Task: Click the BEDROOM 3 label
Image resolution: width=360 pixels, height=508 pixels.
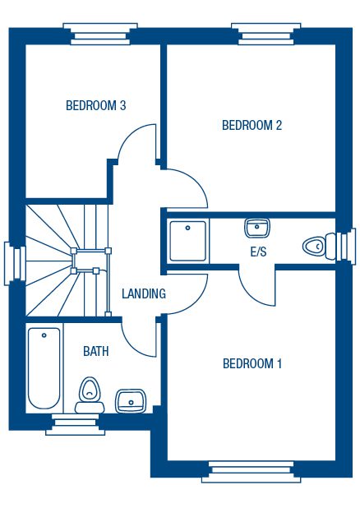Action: pyautogui.click(x=95, y=105)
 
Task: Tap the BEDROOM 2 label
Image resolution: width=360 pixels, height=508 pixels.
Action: pyautogui.click(x=252, y=125)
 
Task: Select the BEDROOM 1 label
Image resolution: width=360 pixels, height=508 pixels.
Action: pyautogui.click(x=252, y=363)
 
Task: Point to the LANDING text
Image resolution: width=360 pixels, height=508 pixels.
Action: pyautogui.click(x=144, y=293)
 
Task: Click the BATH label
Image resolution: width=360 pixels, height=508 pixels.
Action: pyautogui.click(x=96, y=351)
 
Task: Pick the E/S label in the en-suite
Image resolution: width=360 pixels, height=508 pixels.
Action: pyautogui.click(x=259, y=252)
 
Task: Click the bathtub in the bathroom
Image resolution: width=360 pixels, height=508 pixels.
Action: pyautogui.click(x=44, y=368)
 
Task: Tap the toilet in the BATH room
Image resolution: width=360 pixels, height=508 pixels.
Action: pyautogui.click(x=90, y=395)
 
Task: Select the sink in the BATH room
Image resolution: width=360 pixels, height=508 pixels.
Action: pyautogui.click(x=131, y=401)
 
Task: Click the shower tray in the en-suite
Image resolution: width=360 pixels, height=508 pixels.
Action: pyautogui.click(x=188, y=241)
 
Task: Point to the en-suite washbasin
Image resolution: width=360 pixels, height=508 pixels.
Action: pyautogui.click(x=257, y=228)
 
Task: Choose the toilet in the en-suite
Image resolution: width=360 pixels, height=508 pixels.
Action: pyautogui.click(x=319, y=246)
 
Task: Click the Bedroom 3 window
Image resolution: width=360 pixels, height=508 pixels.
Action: pyautogui.click(x=100, y=34)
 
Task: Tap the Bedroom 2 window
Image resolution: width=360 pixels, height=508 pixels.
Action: pyautogui.click(x=266, y=34)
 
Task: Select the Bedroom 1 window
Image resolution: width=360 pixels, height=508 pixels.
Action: pyautogui.click(x=252, y=472)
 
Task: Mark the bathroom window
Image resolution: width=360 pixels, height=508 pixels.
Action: pyautogui.click(x=75, y=424)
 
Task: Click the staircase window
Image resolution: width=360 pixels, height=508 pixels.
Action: pyautogui.click(x=15, y=264)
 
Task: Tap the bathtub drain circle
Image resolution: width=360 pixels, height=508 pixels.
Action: pyautogui.click(x=44, y=335)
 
